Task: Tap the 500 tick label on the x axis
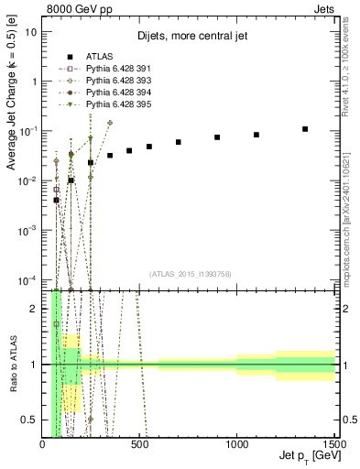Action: pyautogui.click(x=139, y=444)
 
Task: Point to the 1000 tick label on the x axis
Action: pyautogui.click(x=236, y=444)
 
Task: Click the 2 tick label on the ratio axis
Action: pyautogui.click(x=33, y=309)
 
